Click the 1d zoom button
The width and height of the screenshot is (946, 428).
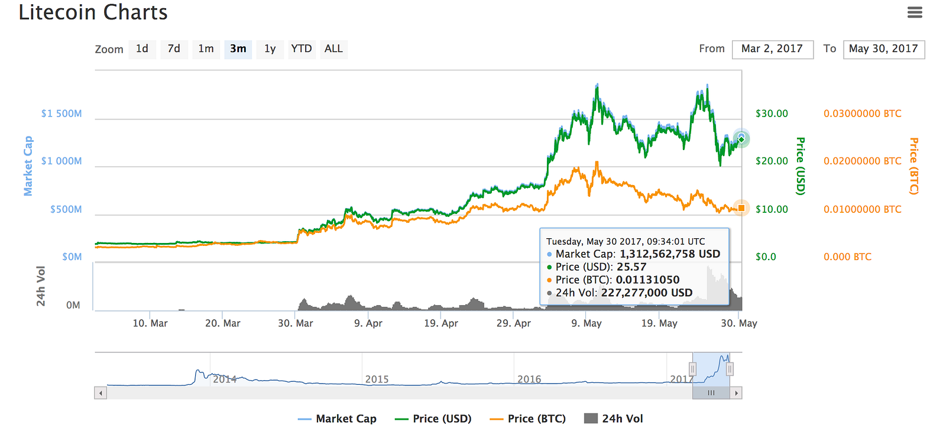point(142,49)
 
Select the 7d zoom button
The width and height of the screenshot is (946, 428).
point(174,49)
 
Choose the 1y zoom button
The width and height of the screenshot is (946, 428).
point(270,49)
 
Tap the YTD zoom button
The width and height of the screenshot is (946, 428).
point(302,49)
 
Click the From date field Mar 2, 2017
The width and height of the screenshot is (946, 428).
point(772,49)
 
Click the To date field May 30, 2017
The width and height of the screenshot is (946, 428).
point(883,49)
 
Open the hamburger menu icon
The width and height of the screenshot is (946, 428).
point(915,12)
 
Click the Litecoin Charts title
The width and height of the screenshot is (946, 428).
point(93,12)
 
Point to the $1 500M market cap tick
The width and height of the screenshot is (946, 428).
point(61,114)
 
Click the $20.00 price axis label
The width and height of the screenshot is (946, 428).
point(772,161)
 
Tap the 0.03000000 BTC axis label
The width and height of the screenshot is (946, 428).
point(862,114)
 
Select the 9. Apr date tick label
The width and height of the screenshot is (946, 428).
point(368,323)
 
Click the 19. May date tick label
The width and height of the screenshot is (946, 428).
point(659,323)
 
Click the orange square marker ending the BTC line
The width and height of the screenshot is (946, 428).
point(741,208)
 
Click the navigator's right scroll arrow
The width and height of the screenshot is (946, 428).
point(736,393)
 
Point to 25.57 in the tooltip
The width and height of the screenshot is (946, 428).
point(631,267)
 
